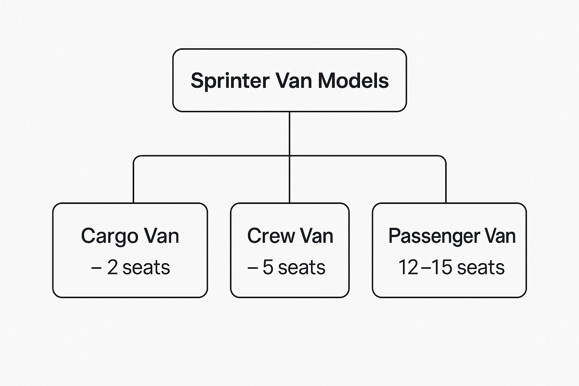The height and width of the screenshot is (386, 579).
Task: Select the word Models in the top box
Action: point(353,81)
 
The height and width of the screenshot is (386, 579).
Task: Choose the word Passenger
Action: point(433,237)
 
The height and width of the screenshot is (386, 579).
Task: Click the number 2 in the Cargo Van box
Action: point(112,267)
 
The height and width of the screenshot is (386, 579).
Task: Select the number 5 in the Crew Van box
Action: point(268,267)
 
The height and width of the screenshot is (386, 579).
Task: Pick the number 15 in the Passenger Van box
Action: point(441,267)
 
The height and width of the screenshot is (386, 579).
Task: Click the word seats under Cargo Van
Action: point(146,268)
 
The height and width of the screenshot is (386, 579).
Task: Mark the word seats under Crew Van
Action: point(302,268)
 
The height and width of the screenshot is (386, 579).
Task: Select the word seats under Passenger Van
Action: point(481,268)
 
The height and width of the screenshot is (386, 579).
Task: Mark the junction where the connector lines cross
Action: point(289,156)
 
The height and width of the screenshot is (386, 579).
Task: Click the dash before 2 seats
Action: point(96,268)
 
